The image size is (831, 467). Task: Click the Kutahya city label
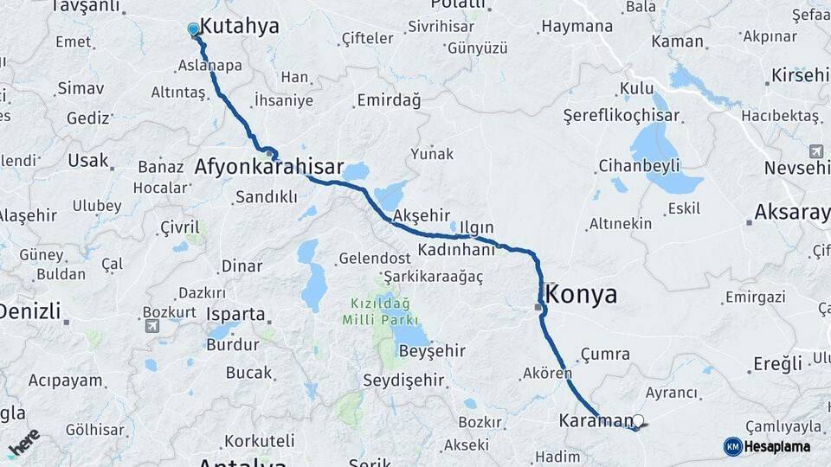coord(239,27)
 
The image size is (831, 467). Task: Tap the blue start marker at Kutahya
coord(193,30)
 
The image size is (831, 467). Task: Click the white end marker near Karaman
coord(639,422)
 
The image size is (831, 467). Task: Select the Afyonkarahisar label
coord(269,167)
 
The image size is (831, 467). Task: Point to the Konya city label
coord(583,295)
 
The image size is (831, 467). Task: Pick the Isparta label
coord(235,314)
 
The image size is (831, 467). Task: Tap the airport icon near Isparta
coord(152,326)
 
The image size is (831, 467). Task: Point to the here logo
coord(23,442)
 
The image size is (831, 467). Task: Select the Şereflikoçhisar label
coord(621,116)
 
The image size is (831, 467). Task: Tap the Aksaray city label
coord(791,211)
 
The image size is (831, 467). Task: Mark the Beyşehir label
coord(433,351)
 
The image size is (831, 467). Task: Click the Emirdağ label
coord(389,101)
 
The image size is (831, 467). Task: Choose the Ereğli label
coord(777,364)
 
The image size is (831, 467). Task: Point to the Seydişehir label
coord(403,380)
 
